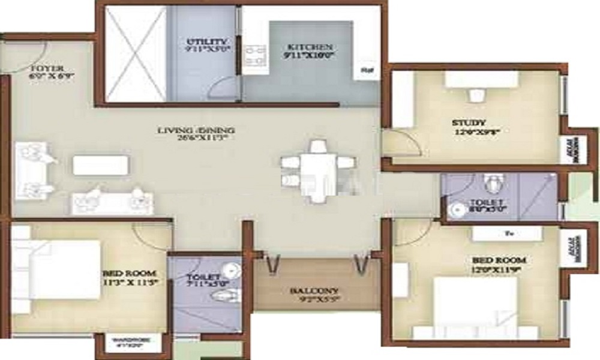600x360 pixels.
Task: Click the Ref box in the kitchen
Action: click(x=365, y=71)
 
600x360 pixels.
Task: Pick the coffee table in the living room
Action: click(x=101, y=165)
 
